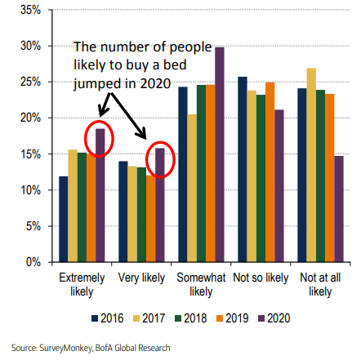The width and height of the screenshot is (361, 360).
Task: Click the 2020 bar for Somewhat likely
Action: click(x=219, y=154)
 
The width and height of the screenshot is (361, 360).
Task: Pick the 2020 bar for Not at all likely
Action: click(x=338, y=209)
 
